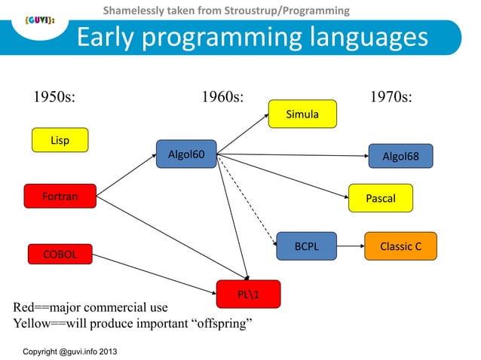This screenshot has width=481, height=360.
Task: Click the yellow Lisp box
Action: pyautogui.click(x=60, y=140)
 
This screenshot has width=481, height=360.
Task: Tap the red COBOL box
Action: pyautogui.click(x=60, y=255)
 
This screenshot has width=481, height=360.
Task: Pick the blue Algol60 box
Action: pyautogui.click(x=185, y=156)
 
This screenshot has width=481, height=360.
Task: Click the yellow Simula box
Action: pyautogui.click(x=302, y=114)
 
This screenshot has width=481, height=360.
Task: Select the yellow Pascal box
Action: pyautogui.click(x=381, y=198)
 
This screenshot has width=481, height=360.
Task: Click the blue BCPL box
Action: pyautogui.click(x=307, y=246)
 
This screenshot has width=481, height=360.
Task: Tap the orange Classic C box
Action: pyautogui.click(x=400, y=246)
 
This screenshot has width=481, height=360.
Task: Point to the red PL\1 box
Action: pyautogui.click(x=248, y=294)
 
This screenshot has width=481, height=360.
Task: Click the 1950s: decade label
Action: pyautogui.click(x=56, y=98)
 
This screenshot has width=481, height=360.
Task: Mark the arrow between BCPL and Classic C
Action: pyautogui.click(x=351, y=246)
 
